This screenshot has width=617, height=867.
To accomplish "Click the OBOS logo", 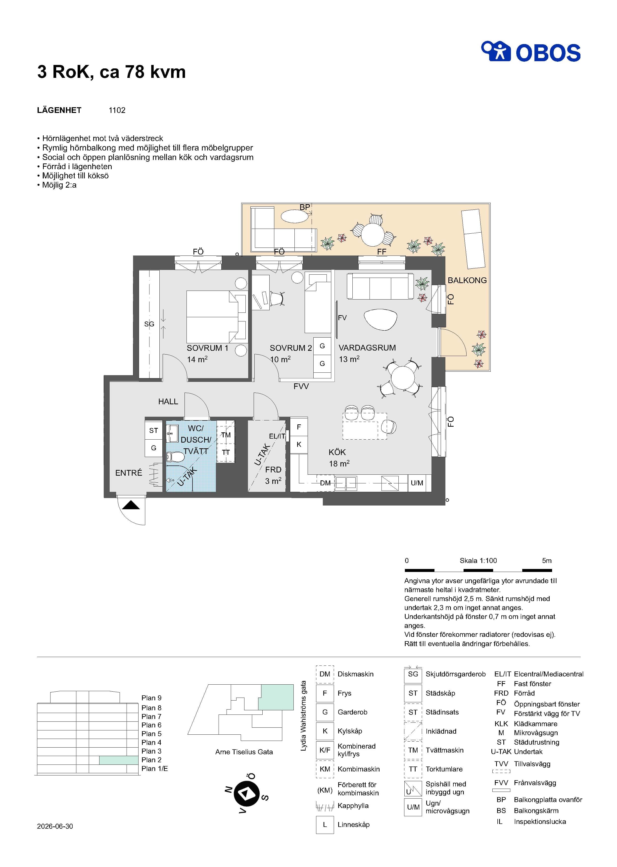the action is tap(531, 52).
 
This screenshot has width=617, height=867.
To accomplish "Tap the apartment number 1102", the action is tap(117, 110).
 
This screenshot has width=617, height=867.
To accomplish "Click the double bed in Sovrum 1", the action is tap(216, 317).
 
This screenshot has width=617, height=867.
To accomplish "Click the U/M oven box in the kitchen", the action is tap(417, 483).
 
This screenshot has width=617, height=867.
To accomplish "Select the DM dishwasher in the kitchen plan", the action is tap(325, 483).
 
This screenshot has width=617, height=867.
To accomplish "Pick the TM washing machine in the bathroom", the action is tap(226, 435).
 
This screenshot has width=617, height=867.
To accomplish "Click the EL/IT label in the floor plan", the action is tap(277, 436).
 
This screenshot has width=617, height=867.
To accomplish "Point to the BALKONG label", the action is tap(467, 281).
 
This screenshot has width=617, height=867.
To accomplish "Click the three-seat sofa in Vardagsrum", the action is tap(380, 286).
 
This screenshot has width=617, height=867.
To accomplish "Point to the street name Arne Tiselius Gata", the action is tap(244, 752).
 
